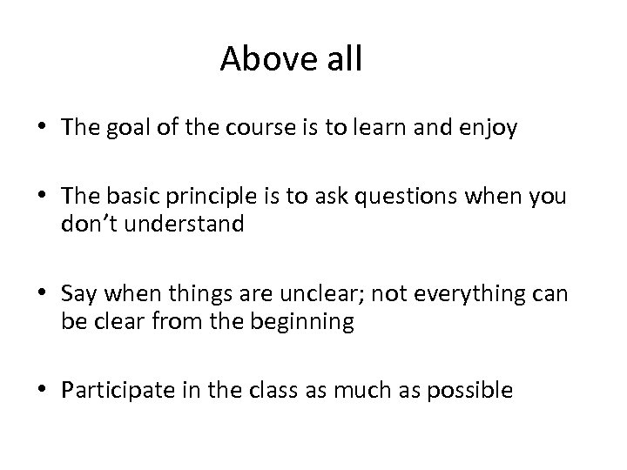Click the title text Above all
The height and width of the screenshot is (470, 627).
pyautogui.click(x=291, y=59)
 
